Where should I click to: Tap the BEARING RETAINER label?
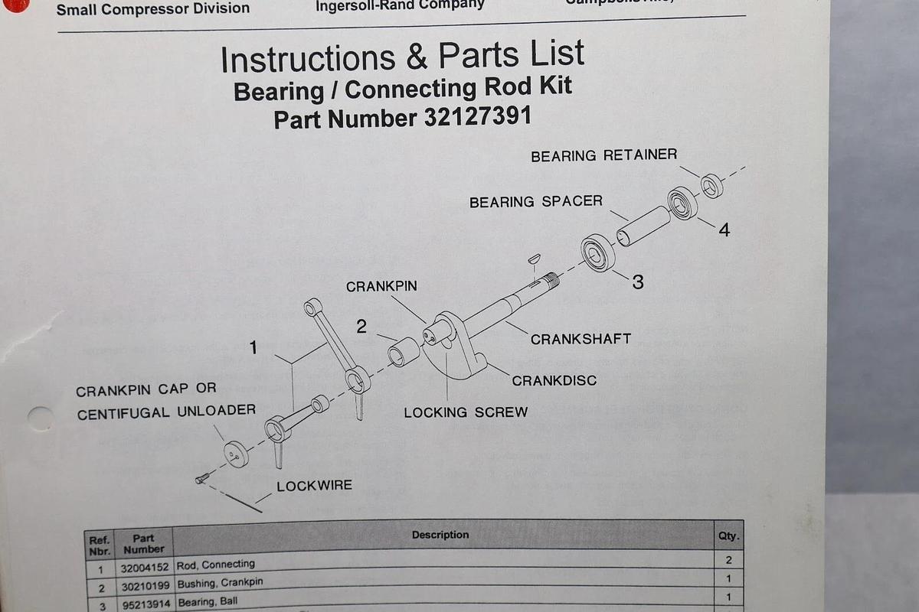pyautogui.click(x=603, y=155)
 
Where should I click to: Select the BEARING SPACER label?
pyautogui.click(x=535, y=202)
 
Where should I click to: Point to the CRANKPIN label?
pyautogui.click(x=381, y=286)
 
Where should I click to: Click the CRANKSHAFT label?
pyautogui.click(x=581, y=338)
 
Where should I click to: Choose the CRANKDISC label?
pyautogui.click(x=554, y=380)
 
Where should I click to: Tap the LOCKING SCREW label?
pyautogui.click(x=466, y=412)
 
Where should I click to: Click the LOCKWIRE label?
pyautogui.click(x=314, y=486)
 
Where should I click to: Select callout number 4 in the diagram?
pyautogui.click(x=724, y=229)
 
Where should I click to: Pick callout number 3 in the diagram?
pyautogui.click(x=637, y=282)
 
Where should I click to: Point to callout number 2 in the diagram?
pyautogui.click(x=361, y=327)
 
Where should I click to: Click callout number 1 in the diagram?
pyautogui.click(x=253, y=348)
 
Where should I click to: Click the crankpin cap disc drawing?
pyautogui.click(x=236, y=454)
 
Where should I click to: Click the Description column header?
pyautogui.click(x=440, y=535)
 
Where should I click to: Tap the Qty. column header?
pyautogui.click(x=728, y=536)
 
